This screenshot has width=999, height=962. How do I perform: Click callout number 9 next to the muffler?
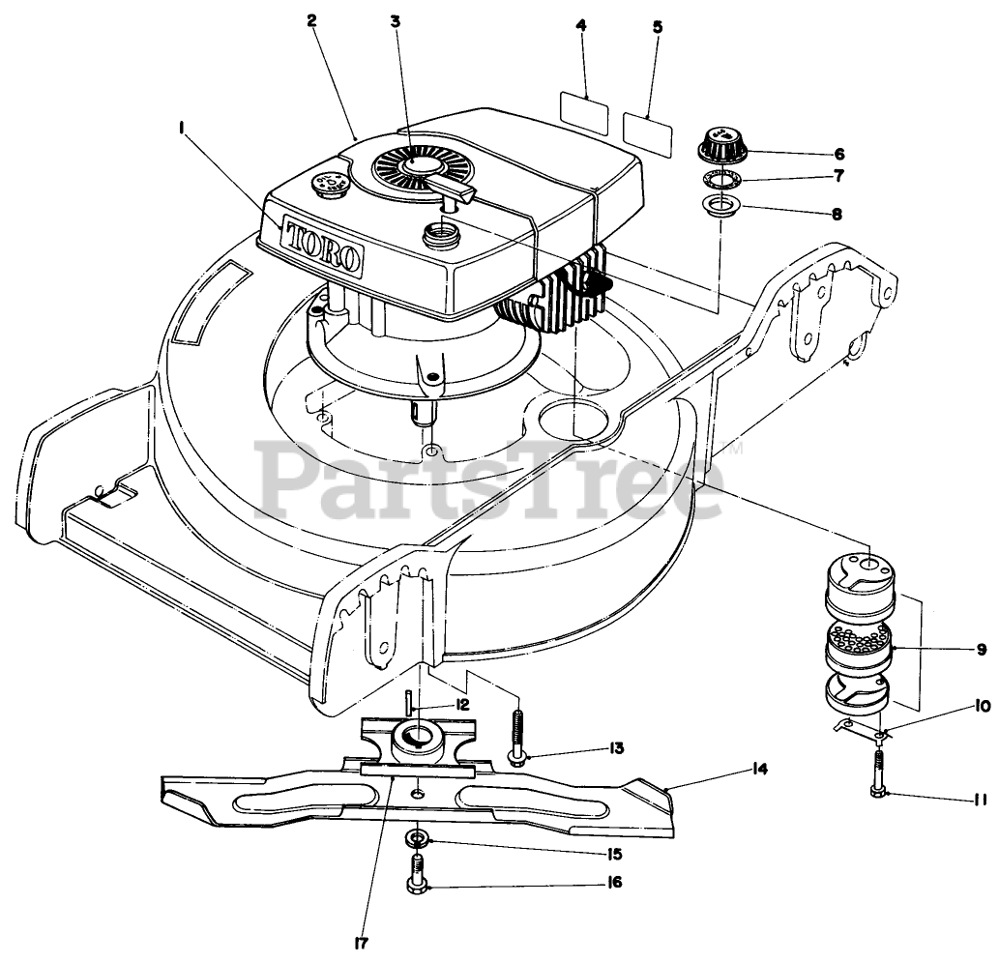coord(981,650)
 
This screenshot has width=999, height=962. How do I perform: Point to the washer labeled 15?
coord(419,836)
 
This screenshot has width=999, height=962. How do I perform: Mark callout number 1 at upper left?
coord(180,127)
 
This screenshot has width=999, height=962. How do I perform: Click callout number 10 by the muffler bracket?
coord(982,707)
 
